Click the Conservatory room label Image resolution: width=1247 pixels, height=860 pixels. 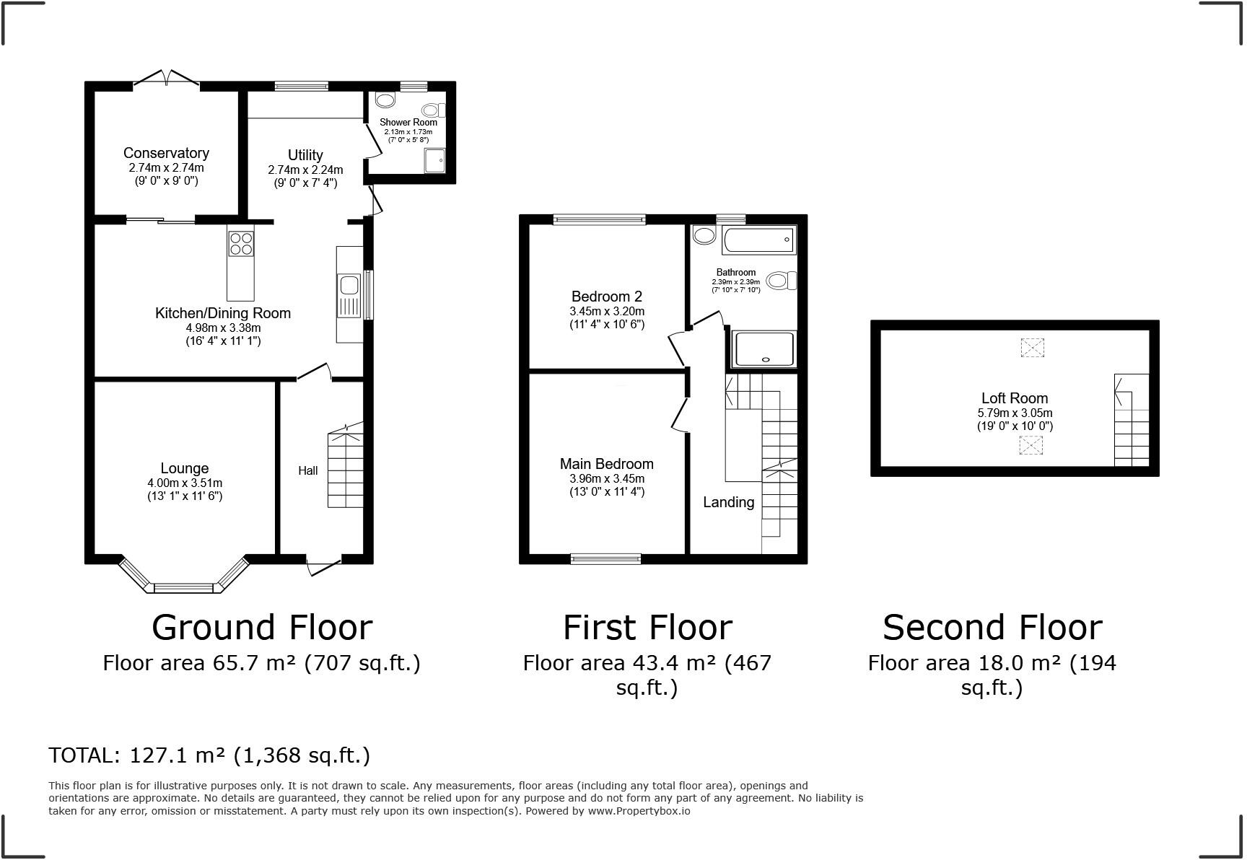pos(166,153)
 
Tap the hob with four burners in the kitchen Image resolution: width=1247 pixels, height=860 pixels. pos(241,243)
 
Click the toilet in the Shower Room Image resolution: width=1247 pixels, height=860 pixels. pos(434,110)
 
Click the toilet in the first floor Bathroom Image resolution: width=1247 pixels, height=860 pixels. pos(780,280)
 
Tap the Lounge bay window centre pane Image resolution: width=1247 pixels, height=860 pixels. pos(185,588)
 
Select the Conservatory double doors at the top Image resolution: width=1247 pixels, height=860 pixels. pos(166,77)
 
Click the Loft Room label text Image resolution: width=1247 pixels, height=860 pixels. pos(1014,398)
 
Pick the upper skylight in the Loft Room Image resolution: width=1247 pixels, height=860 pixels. pos(1032,348)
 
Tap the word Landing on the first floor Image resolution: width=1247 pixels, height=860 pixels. pos(728,502)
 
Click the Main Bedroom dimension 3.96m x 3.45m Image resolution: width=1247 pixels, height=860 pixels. pos(606,478)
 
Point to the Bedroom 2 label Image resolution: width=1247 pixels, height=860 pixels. pos(606,297)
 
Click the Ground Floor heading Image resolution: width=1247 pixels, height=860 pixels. pos(261,627)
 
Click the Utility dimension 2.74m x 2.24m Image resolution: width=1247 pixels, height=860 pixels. pos(305,170)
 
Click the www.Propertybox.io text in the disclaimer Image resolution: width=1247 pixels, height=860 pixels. pos(638,811)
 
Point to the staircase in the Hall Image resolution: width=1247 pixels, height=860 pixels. pos(346,469)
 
